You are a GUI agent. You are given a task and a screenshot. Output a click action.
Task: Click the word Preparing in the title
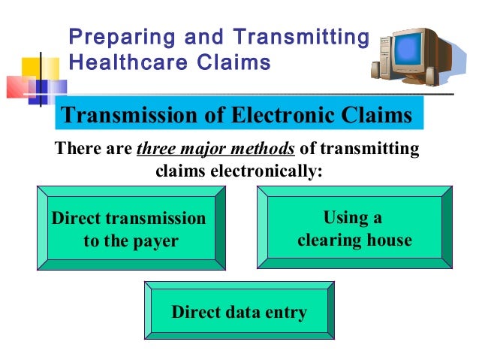[x=114, y=37]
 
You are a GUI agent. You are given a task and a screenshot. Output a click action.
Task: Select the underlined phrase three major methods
[x=215, y=149]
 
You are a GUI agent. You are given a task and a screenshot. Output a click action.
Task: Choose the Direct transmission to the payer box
[x=131, y=229]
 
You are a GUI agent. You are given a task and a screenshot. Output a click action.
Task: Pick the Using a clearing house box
[x=354, y=228]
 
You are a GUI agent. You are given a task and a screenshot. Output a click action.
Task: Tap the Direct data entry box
[x=239, y=311]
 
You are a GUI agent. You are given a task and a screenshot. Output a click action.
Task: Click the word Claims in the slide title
[x=232, y=62]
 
